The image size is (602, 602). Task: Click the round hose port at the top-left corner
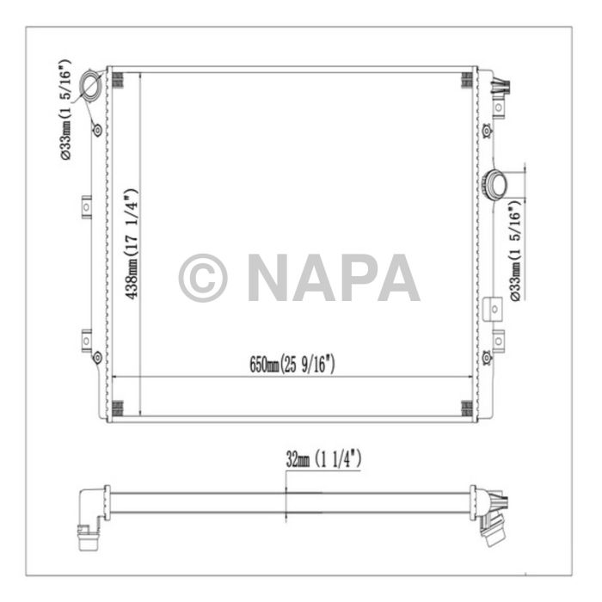(90, 86)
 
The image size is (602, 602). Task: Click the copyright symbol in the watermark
(203, 278)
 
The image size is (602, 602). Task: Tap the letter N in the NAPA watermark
(268, 278)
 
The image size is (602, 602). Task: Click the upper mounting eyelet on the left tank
(97, 131)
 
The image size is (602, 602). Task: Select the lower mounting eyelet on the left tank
(97, 357)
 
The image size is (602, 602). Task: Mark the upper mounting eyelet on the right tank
(487, 131)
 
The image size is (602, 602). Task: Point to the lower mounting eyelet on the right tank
(487, 357)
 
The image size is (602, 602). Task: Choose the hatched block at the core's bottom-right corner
(466, 408)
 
